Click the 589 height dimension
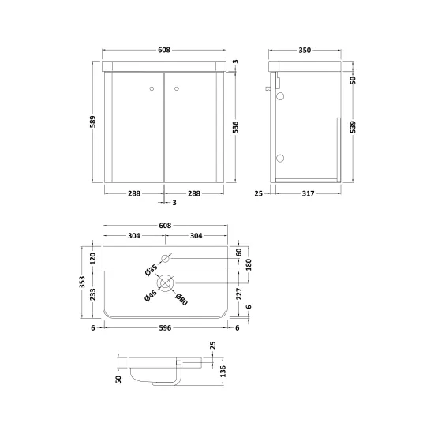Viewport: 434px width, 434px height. click(92, 122)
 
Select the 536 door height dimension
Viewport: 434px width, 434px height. click(235, 127)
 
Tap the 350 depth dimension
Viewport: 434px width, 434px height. click(305, 50)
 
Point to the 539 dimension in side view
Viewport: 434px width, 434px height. click(353, 127)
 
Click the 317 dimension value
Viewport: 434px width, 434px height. click(308, 193)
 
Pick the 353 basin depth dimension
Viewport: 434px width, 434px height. click(82, 282)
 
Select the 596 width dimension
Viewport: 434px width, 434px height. click(165, 328)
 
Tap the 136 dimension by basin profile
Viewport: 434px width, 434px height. click(223, 371)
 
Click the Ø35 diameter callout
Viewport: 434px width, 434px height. click(152, 270)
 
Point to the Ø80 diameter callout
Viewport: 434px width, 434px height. click(181, 299)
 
